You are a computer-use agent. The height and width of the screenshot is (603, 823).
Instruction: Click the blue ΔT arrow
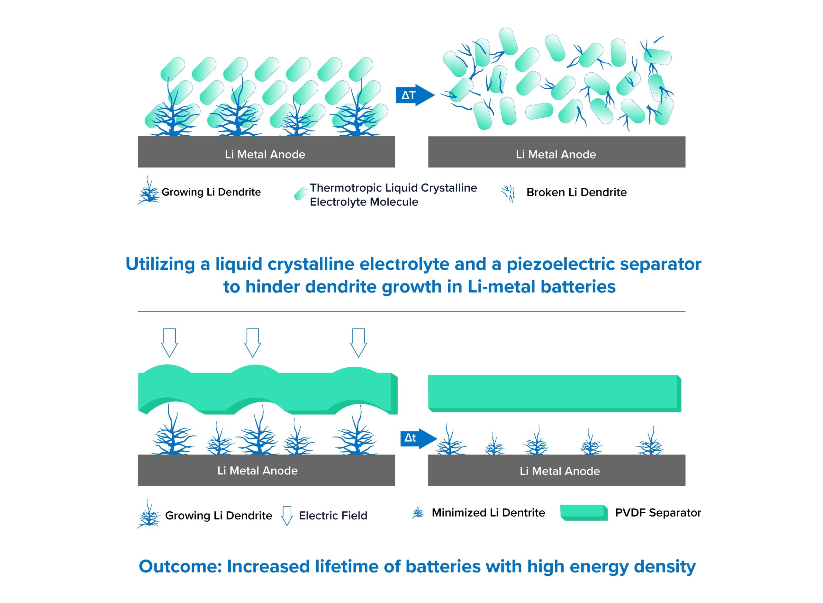415,95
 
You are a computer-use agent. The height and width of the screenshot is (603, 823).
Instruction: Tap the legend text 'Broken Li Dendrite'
576,192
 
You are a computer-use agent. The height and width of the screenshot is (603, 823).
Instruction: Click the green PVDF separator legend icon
584,512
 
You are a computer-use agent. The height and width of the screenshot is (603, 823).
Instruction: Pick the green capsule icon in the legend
301,194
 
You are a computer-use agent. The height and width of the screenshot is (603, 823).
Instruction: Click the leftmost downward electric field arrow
170,343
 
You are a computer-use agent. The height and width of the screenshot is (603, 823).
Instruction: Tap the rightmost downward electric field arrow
358,343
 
